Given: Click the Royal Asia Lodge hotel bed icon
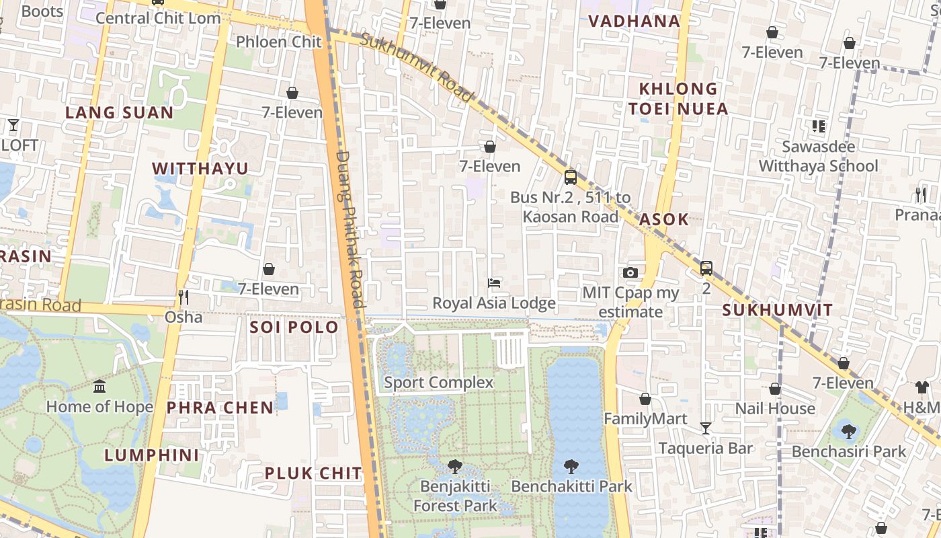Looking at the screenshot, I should pyautogui.click(x=494, y=283).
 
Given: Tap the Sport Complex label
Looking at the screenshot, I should pyautogui.click(x=438, y=383).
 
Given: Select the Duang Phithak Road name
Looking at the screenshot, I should pyautogui.click(x=350, y=229).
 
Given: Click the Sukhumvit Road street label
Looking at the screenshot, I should pyautogui.click(x=417, y=67).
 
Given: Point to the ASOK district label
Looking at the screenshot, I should pyautogui.click(x=664, y=219).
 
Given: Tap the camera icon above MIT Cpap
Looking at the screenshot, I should pyautogui.click(x=630, y=272).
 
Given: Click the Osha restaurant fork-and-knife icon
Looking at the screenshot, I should pyautogui.click(x=183, y=297).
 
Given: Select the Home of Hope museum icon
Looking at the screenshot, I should pyautogui.click(x=99, y=386).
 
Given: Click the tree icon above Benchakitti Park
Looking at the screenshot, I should pyautogui.click(x=571, y=465).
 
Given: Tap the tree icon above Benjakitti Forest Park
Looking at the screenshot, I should pyautogui.click(x=455, y=465).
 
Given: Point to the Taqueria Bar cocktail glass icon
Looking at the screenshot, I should pyautogui.click(x=705, y=428).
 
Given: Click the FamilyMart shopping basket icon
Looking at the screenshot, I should pyautogui.click(x=645, y=399).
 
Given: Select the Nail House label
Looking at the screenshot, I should pyautogui.click(x=774, y=408).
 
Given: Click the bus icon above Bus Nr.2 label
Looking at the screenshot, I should pyautogui.click(x=570, y=178).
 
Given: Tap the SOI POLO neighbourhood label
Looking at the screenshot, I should pyautogui.click(x=294, y=328).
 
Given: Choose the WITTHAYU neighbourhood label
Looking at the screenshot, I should pyautogui.click(x=200, y=168).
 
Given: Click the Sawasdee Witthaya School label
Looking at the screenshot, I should pyautogui.click(x=818, y=156).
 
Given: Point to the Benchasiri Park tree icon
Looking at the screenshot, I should pyautogui.click(x=848, y=431).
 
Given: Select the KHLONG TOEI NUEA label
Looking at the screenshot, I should pyautogui.click(x=678, y=98).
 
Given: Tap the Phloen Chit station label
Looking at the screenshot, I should pyautogui.click(x=279, y=42).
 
